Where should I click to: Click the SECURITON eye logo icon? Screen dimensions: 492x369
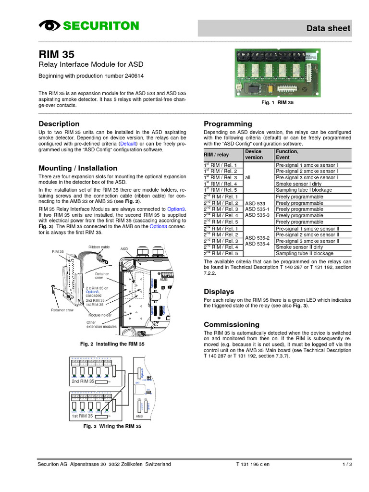49,26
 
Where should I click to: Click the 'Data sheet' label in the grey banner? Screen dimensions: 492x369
329,28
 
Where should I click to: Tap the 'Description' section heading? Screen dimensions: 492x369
59,123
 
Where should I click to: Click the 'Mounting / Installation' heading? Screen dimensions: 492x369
78,168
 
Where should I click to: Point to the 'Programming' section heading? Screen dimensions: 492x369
228,123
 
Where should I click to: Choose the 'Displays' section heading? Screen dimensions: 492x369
219,291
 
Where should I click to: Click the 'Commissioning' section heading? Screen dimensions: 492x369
232,324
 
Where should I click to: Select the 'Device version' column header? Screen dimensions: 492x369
254,154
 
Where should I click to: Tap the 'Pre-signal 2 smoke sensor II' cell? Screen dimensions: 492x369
307,234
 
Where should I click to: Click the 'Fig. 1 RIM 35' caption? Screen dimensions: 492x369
277,103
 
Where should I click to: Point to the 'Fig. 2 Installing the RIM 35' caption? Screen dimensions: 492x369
112,344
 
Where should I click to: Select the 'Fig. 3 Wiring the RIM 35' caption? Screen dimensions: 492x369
112,426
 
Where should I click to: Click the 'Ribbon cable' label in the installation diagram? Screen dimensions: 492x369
99,247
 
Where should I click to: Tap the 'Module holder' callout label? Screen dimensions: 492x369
100,315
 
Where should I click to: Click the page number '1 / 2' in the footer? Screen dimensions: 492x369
347,464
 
